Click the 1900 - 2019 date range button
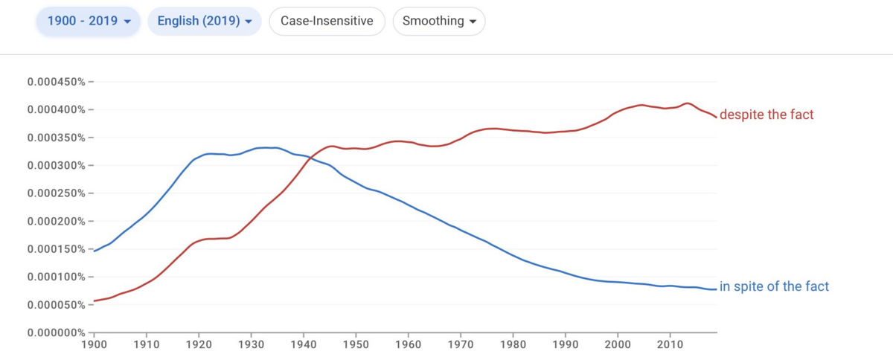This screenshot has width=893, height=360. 88,21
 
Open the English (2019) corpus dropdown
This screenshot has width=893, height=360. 205,21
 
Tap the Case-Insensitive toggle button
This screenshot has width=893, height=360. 327,21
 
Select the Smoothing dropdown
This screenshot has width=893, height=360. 439,21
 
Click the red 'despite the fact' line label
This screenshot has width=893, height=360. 766,115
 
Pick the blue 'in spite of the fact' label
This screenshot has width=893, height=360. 774,286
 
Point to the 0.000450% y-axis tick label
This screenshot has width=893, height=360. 57,82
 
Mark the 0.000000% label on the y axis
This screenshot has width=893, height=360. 57,332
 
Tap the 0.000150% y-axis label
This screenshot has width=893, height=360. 57,249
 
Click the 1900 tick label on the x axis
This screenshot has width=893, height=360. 94,344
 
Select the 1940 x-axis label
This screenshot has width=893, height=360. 304,344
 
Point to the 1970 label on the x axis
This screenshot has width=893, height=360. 461,344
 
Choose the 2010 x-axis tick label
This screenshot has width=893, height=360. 670,344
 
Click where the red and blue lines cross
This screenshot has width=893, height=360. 310,158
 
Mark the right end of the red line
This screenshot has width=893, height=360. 717,118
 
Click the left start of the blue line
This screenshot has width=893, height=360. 94,251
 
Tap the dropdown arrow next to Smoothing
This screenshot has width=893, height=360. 473,22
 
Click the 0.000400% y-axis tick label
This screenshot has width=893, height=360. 57,109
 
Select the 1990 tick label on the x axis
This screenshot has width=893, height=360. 566,344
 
